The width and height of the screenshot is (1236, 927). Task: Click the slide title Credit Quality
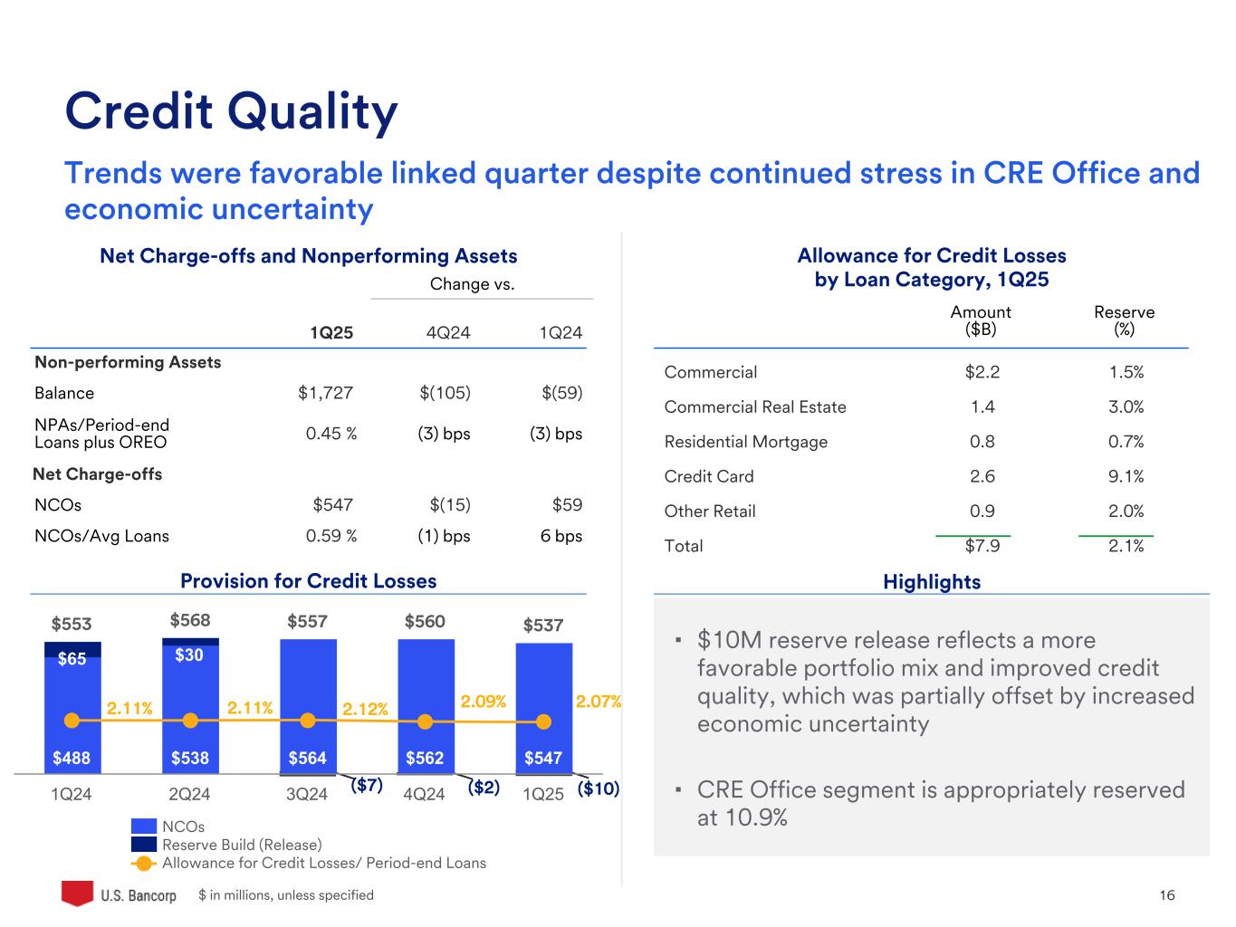pyautogui.click(x=231, y=111)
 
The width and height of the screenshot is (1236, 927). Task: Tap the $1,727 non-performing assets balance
pyautogui.click(x=325, y=393)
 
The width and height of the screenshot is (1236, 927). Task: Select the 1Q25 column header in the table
pyautogui.click(x=331, y=333)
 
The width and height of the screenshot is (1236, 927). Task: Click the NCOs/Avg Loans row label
pyautogui.click(x=101, y=536)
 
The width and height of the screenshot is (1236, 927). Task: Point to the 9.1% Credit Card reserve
pyautogui.click(x=1126, y=476)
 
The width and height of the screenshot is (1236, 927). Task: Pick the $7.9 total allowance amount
pyautogui.click(x=982, y=546)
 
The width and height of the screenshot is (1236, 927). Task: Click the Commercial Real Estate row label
pyautogui.click(x=755, y=407)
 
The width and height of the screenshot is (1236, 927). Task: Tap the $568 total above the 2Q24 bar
pyautogui.click(x=190, y=620)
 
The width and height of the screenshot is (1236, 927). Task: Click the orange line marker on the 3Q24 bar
pyautogui.click(x=308, y=721)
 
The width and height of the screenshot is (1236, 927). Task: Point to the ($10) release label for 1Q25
pyautogui.click(x=598, y=788)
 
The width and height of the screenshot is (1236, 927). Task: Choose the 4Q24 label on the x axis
pyautogui.click(x=424, y=795)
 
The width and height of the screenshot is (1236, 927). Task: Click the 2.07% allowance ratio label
pyautogui.click(x=599, y=702)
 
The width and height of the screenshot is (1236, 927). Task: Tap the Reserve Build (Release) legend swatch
pyautogui.click(x=144, y=845)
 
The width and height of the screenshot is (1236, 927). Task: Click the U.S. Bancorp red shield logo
pyautogui.click(x=77, y=894)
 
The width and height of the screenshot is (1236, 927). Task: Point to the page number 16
pyautogui.click(x=1166, y=895)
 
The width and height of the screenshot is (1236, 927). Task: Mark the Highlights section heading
pyautogui.click(x=932, y=582)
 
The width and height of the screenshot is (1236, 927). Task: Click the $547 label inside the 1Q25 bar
pyautogui.click(x=543, y=758)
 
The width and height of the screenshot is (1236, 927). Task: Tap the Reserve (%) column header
pyautogui.click(x=1124, y=320)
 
